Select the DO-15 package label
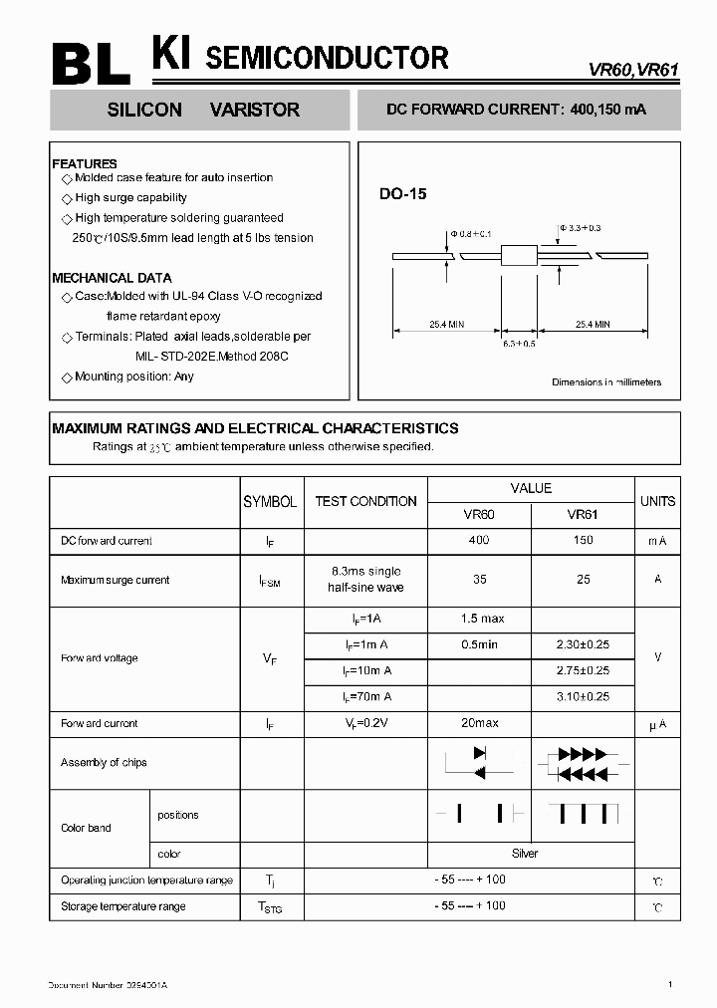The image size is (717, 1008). (402, 195)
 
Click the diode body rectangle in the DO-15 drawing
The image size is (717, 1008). (519, 256)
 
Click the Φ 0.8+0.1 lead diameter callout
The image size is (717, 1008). (471, 233)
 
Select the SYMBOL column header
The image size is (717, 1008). (270, 502)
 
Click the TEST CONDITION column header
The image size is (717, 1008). (365, 502)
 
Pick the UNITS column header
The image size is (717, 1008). (657, 502)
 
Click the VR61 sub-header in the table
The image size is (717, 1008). (583, 515)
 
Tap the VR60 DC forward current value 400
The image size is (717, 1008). (479, 541)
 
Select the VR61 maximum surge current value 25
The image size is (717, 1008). (583, 580)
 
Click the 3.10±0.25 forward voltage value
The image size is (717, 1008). (583, 697)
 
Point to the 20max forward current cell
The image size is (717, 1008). (479, 723)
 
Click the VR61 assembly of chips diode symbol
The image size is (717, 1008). (583, 763)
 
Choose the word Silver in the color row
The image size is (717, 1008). (525, 854)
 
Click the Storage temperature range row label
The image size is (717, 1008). (123, 906)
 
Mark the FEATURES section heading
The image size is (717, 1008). (85, 163)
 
